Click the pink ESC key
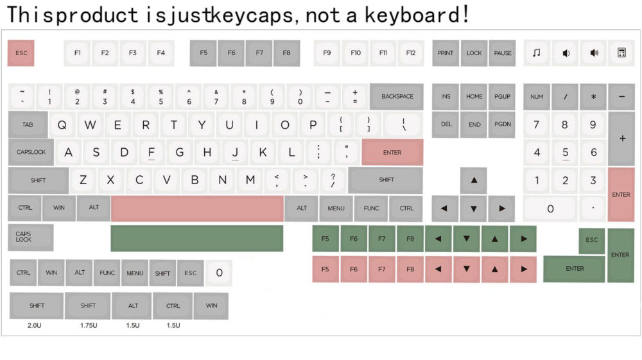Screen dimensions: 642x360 point(21,53)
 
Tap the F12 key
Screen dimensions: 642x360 point(410,53)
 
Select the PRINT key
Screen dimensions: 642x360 point(445,53)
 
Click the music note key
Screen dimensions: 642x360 point(536,53)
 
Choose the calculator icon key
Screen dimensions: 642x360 point(621,53)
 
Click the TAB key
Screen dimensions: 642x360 point(28,124)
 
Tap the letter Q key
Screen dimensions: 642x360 point(62,124)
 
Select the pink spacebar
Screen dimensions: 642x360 point(197,208)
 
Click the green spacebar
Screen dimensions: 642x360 point(196,238)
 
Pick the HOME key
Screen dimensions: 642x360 point(474,96)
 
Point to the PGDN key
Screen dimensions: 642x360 point(503,124)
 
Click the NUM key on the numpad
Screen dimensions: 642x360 point(536,96)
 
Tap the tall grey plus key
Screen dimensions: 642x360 point(621,138)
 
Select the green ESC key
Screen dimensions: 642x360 point(592,241)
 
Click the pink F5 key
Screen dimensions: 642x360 point(325,269)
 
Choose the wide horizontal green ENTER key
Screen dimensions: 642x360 point(574,269)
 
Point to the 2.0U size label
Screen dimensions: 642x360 point(35,325)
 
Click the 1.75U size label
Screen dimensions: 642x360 point(89,325)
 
